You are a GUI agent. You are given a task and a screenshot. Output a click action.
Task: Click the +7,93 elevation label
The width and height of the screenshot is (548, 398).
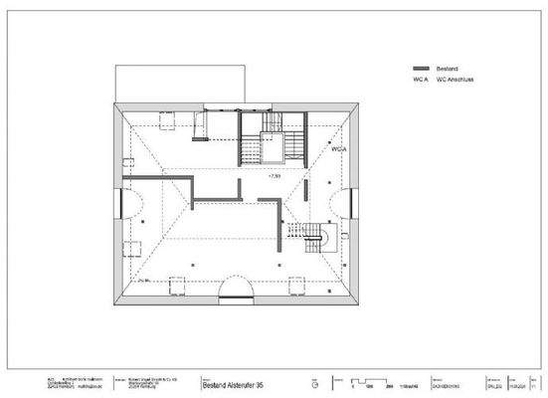(x=275, y=175)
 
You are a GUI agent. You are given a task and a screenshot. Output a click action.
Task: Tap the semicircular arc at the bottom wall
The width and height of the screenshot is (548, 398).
(x=235, y=292)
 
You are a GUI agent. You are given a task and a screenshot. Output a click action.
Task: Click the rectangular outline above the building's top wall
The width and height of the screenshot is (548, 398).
(x=179, y=83)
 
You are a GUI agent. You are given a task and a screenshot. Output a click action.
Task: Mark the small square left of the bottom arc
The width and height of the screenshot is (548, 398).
(x=178, y=288)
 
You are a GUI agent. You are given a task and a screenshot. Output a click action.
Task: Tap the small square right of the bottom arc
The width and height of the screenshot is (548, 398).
(x=294, y=288)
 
